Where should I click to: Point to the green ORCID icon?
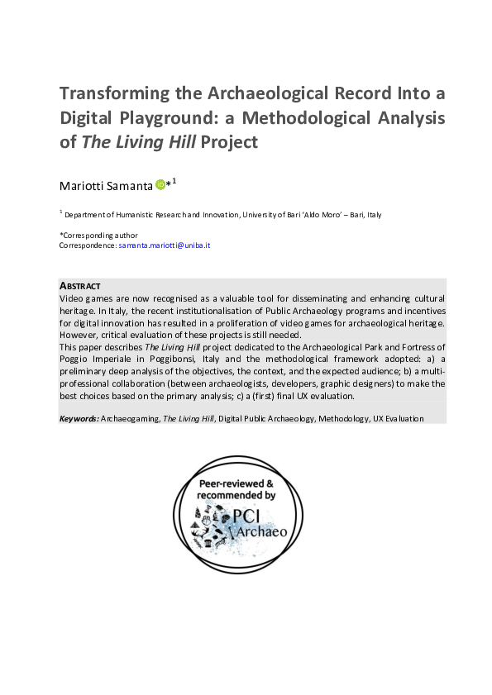(x=159, y=184)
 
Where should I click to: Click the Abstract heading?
(x=80, y=286)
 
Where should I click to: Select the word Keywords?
(x=78, y=419)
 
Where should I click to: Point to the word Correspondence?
(x=87, y=246)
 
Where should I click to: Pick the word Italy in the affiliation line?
(x=372, y=215)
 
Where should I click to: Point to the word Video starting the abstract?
(x=73, y=298)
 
